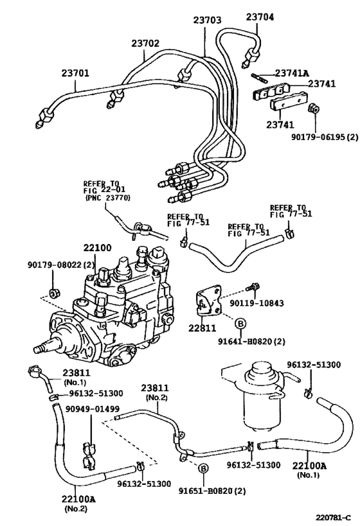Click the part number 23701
click(76, 73)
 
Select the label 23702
click(145, 43)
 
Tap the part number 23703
click(207, 21)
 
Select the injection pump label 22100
click(97, 247)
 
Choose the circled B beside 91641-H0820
click(239, 323)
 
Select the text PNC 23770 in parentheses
click(107, 199)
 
